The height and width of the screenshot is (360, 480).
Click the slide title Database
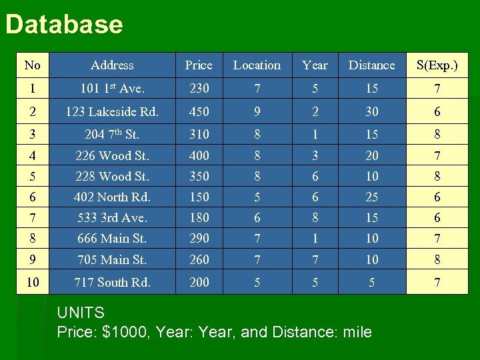coord(64,25)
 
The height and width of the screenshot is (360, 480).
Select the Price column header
coord(199,65)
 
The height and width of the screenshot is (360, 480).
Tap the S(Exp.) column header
coord(437,65)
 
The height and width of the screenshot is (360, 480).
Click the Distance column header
coord(371,65)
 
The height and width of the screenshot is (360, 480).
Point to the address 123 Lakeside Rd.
coord(112,112)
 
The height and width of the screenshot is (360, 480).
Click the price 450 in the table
coord(199,112)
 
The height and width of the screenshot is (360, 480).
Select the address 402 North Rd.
coord(112,197)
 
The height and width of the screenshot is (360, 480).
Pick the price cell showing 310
coord(199,134)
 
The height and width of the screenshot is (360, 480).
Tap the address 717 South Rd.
coord(112,282)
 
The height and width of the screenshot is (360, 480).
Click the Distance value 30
coord(371,112)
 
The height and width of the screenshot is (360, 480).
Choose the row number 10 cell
coord(32,282)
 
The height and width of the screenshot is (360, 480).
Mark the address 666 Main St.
coord(112,238)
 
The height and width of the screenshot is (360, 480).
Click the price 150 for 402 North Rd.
coord(199,197)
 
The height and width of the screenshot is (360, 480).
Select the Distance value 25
coord(371,197)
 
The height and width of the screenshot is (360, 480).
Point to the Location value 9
coord(257,112)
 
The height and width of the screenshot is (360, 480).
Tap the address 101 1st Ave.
coord(112,89)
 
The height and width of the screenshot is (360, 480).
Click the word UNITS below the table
coord(81,313)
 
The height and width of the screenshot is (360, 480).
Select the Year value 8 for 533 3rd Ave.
coord(315,217)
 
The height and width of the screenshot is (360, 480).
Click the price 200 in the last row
coord(199,282)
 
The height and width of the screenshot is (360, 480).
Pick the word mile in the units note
coord(357,332)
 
